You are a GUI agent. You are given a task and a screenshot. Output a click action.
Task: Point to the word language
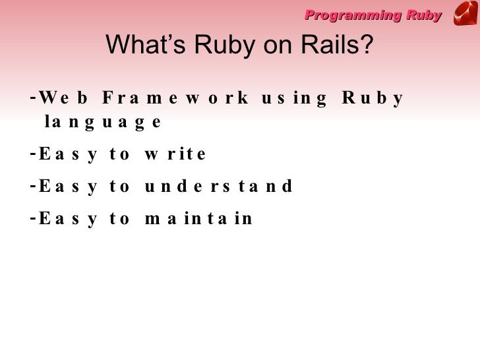(102, 123)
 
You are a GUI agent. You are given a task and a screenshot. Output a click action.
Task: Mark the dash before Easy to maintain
(33, 218)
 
